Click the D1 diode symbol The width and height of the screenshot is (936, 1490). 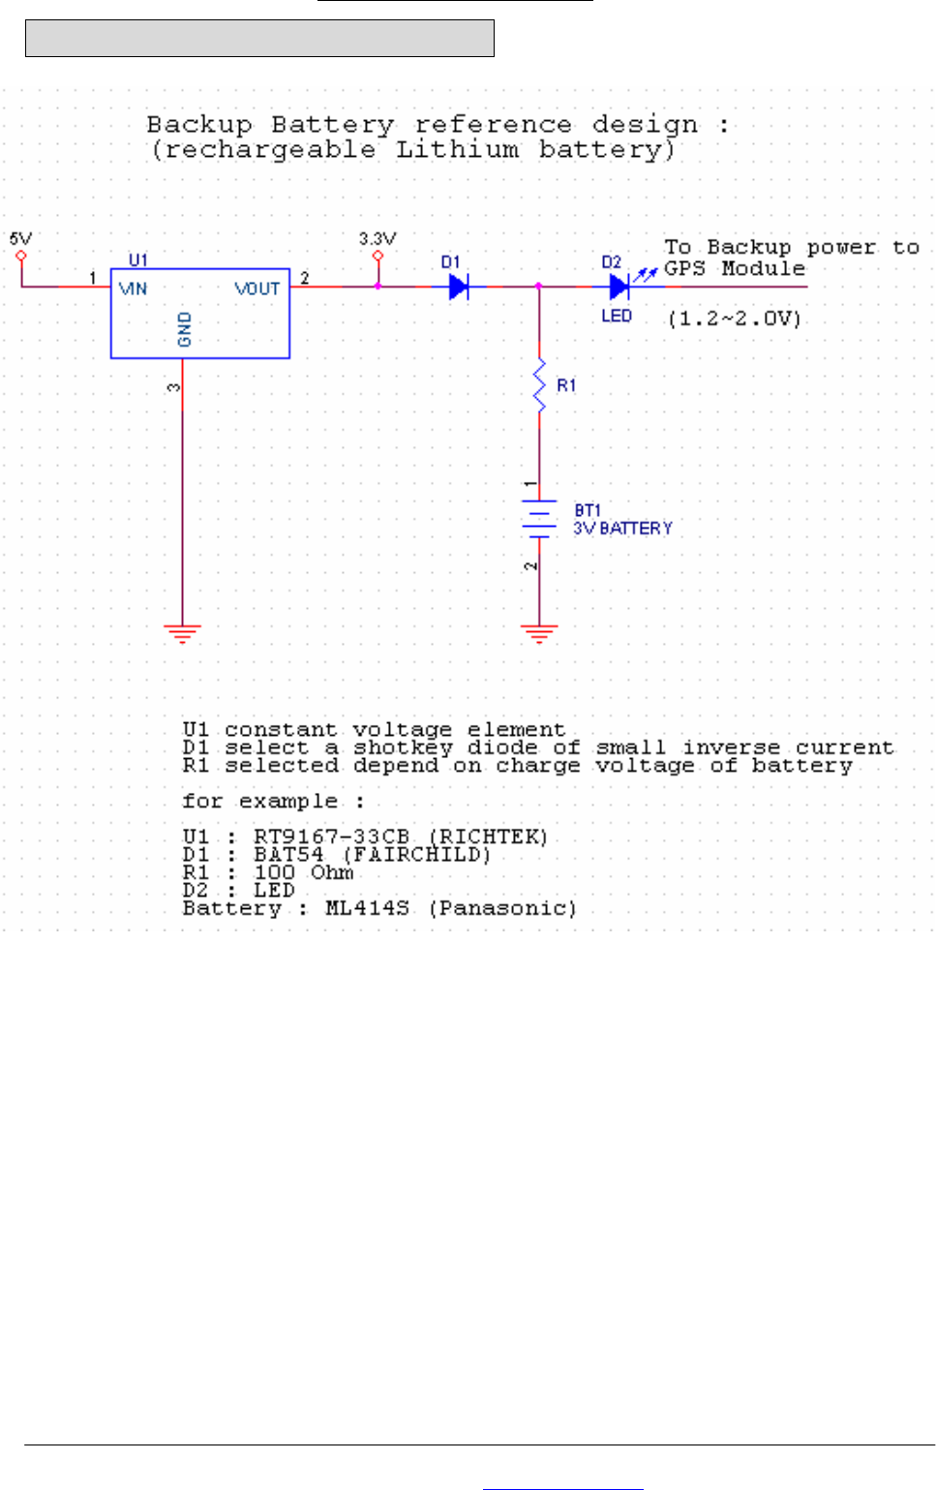459,287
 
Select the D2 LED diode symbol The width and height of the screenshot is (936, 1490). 619,287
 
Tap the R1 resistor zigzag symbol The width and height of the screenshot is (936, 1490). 539,385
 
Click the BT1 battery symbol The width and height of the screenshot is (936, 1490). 539,518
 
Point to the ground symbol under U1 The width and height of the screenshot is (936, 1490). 182,634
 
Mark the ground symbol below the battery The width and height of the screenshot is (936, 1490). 539,634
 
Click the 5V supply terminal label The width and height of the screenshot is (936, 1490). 20,239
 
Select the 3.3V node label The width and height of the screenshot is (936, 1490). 377,239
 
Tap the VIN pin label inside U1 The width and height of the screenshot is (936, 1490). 133,289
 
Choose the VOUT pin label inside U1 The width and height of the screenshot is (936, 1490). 257,289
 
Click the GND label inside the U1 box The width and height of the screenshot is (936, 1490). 185,329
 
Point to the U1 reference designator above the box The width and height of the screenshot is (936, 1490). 138,259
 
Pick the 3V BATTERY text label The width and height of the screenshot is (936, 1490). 622,529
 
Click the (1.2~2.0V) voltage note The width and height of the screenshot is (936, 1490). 735,319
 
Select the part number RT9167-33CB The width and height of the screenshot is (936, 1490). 331,836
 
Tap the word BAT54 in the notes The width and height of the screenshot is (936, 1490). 288,854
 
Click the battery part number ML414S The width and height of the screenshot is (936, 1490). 367,908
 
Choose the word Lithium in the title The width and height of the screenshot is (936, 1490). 457,149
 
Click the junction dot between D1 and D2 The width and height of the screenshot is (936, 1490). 539,287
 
